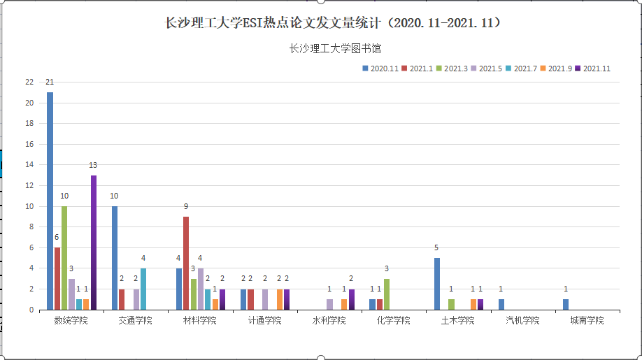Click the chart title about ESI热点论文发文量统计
coord(332,23)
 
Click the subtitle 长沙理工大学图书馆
coord(334,48)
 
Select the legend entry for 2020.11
coord(380,69)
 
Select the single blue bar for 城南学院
coord(566,304)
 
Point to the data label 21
coord(50,82)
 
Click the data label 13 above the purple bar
coord(93,165)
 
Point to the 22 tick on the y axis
coord(29,82)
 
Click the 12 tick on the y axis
coord(29,185)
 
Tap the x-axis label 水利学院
coord(329,320)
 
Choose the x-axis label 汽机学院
coord(522,320)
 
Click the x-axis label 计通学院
coord(264,320)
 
